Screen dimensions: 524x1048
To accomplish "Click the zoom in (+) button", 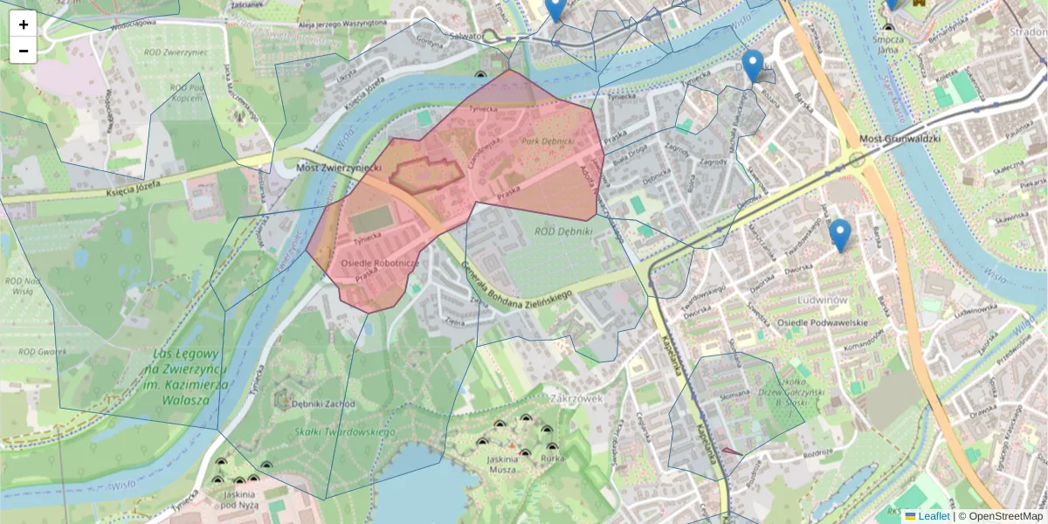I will point(24,24).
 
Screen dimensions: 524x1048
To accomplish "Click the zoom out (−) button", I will point(24,51).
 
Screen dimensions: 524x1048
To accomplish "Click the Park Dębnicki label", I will point(548,141).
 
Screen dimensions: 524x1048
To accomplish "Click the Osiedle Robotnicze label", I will point(381,263).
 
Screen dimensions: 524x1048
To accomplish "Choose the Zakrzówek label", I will point(577,397).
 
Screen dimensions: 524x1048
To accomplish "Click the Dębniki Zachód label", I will point(323,404).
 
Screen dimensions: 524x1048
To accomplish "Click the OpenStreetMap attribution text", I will point(1005,516).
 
